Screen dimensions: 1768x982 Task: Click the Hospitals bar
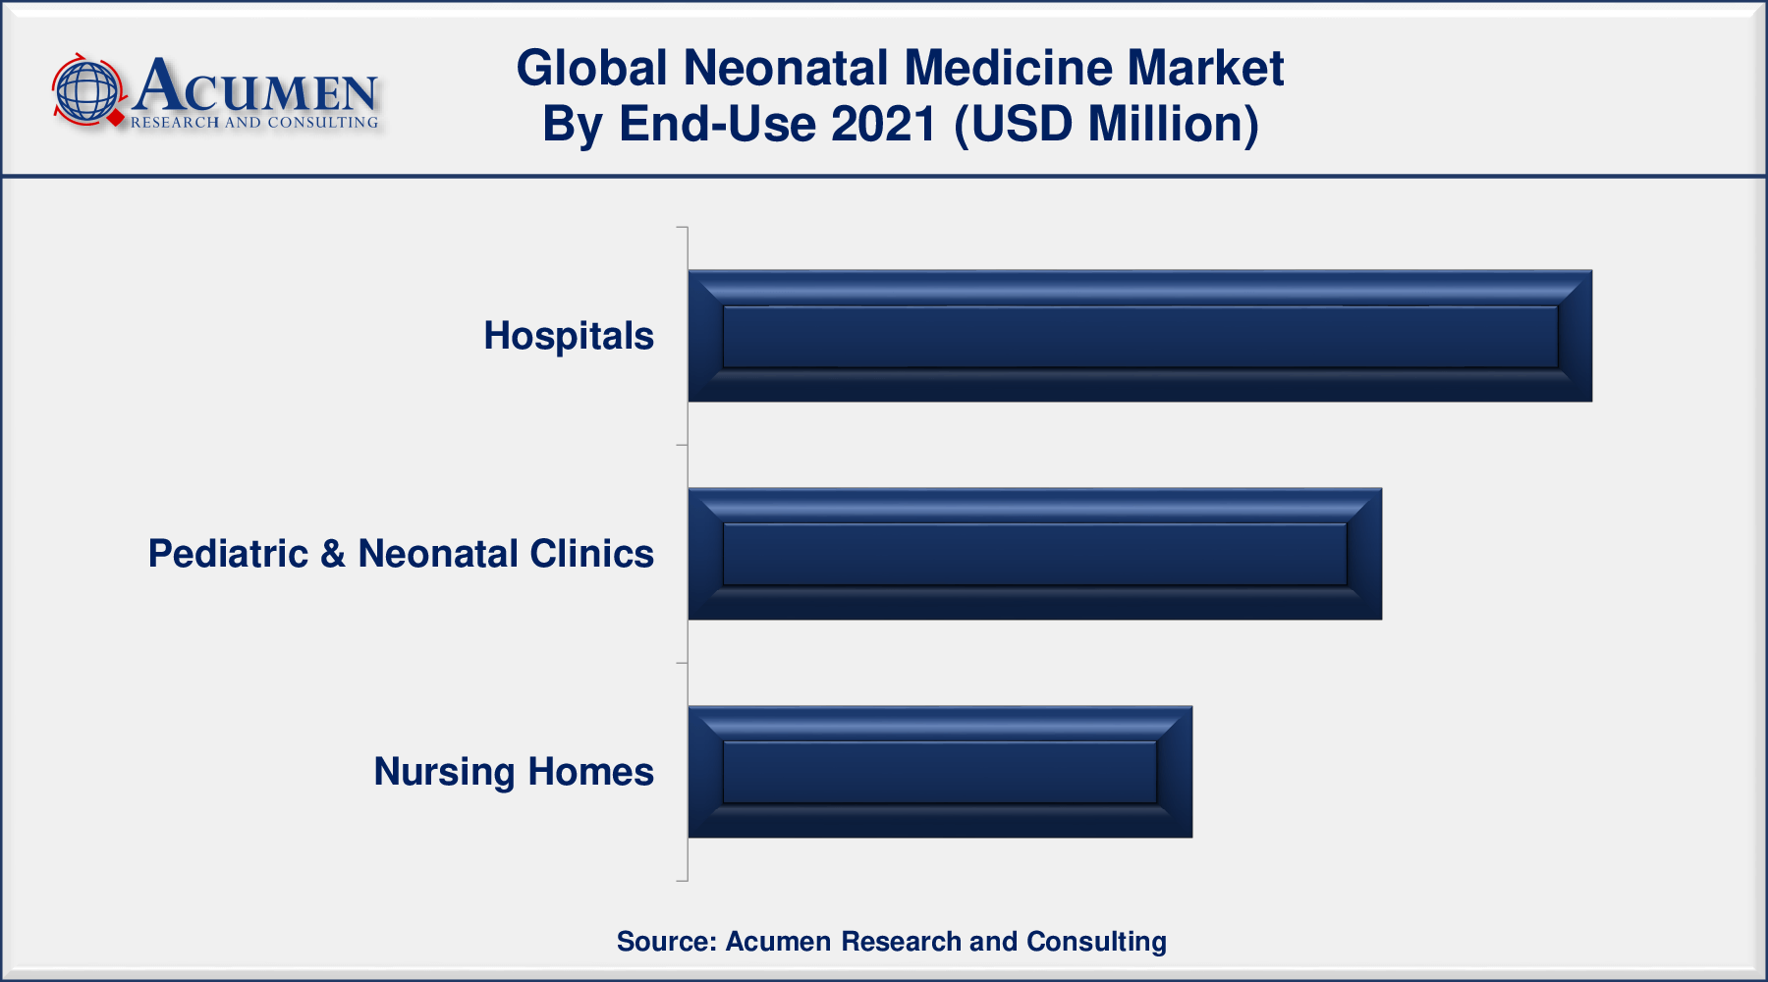1139,336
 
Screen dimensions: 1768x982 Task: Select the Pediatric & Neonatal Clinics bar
1034,554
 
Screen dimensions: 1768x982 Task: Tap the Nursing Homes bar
940,772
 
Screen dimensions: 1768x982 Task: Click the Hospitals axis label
569,337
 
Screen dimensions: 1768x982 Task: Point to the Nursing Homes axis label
514,773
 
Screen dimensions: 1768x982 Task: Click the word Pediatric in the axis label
228,554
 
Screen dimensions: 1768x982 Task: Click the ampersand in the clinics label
333,554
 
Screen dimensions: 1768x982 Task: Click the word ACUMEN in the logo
255,86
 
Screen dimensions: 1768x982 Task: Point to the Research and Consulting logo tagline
254,123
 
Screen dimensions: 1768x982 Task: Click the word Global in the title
592,69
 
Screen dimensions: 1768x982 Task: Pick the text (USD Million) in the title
1106,126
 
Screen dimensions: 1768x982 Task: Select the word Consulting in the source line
1096,942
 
